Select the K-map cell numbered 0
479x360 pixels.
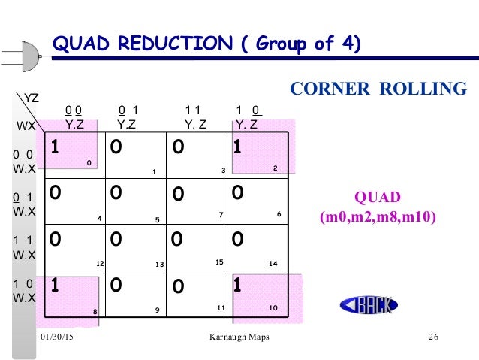click(x=73, y=155)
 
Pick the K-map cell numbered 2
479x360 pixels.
click(x=258, y=155)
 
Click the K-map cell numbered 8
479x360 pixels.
click(x=73, y=295)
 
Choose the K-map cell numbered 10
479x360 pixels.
click(x=258, y=295)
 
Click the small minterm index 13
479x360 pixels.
click(x=159, y=265)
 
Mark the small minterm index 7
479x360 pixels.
click(x=221, y=215)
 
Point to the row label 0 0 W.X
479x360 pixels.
click(x=24, y=162)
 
